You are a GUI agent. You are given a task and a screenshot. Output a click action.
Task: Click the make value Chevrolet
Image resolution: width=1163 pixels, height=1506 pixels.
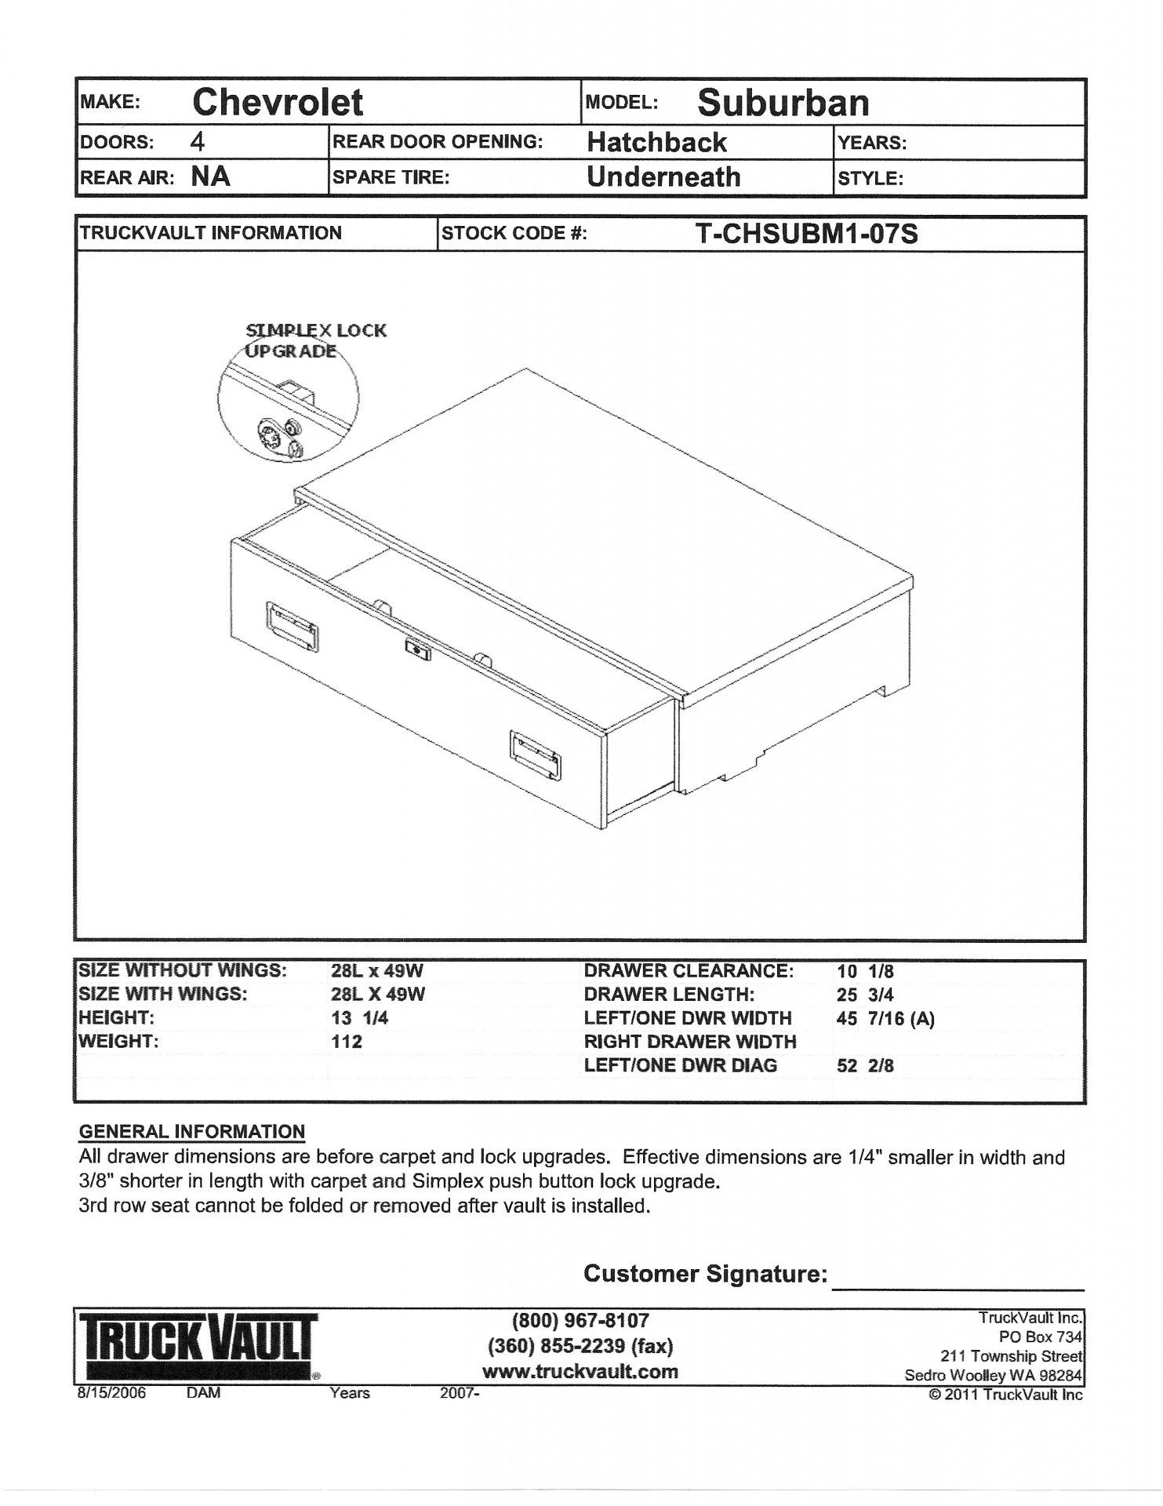coord(278,103)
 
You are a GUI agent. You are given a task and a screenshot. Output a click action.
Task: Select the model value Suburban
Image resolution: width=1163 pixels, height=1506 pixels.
coord(783,103)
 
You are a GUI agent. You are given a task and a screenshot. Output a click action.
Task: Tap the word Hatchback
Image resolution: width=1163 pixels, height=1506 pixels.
coord(656,143)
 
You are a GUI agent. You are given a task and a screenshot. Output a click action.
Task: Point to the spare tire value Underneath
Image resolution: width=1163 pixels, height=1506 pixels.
coord(663,177)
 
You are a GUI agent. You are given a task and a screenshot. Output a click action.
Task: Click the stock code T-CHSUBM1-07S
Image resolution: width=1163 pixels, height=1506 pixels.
coord(806,234)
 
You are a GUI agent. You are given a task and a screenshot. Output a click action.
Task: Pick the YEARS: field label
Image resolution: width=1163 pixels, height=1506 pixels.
coord(872,144)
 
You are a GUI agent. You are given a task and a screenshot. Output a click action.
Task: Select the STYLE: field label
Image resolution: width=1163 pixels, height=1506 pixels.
coord(870,179)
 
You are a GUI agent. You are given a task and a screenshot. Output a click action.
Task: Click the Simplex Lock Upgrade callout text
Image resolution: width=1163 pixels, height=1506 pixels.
coord(315,340)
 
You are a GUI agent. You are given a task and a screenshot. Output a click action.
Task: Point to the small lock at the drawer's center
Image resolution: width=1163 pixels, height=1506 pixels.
coord(416,648)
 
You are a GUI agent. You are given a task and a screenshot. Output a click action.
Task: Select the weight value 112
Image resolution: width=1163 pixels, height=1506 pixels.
coord(347,1042)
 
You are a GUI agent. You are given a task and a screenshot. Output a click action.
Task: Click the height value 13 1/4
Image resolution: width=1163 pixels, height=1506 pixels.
coord(360,1018)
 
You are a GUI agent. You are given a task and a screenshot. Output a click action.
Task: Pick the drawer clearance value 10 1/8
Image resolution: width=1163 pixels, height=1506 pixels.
coord(865,971)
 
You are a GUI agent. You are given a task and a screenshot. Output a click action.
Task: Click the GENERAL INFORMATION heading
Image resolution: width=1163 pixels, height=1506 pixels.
coord(192,1132)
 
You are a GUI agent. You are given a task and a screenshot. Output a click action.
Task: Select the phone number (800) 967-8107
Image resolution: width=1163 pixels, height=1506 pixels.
coord(580,1321)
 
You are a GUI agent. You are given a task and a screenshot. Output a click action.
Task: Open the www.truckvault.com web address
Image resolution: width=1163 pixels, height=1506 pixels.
coord(580,1372)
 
